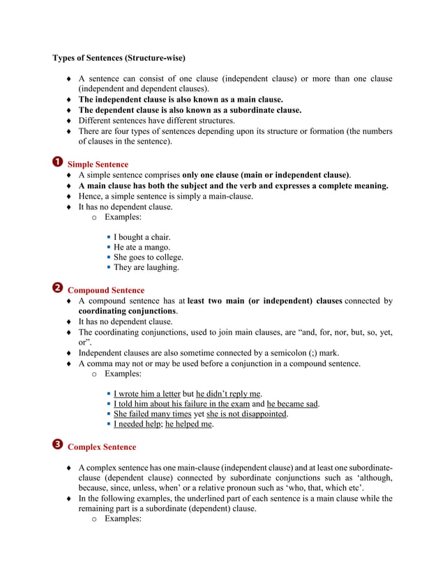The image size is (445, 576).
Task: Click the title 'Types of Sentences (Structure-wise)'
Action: click(x=119, y=57)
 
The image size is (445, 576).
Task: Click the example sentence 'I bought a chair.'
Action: click(x=142, y=237)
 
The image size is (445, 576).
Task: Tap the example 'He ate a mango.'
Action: click(x=142, y=247)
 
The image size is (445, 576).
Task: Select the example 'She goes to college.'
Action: click(x=149, y=257)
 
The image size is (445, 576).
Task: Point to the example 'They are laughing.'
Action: click(x=146, y=267)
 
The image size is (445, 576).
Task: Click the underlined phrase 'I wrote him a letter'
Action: click(x=147, y=394)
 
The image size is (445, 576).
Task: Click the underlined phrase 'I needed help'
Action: click(x=137, y=424)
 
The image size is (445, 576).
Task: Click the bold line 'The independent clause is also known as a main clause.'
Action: click(x=181, y=100)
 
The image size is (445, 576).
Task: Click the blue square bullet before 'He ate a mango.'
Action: click(x=109, y=247)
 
